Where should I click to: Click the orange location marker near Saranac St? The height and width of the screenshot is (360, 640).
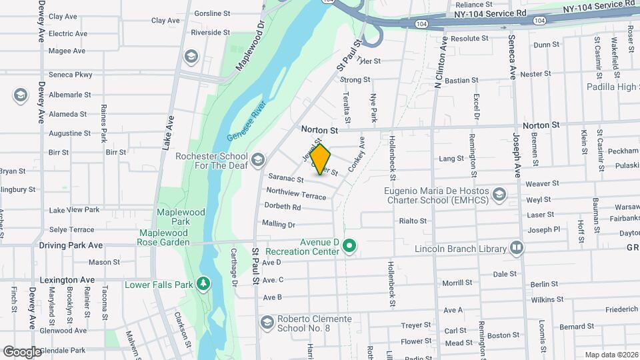tap(320, 159)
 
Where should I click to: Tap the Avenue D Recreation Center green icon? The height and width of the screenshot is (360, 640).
tap(349, 247)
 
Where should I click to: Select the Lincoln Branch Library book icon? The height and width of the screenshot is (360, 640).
tap(517, 249)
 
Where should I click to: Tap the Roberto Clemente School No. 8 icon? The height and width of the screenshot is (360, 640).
tap(267, 323)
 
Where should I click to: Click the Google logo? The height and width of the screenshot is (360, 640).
tap(22, 351)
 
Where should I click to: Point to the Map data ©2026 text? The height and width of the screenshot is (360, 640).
tap(610, 355)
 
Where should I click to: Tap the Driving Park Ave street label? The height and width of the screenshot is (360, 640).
tap(71, 245)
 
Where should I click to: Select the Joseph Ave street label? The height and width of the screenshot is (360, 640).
tap(516, 153)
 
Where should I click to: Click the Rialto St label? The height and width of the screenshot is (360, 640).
tap(413, 221)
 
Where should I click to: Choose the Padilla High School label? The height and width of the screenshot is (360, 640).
tap(613, 87)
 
